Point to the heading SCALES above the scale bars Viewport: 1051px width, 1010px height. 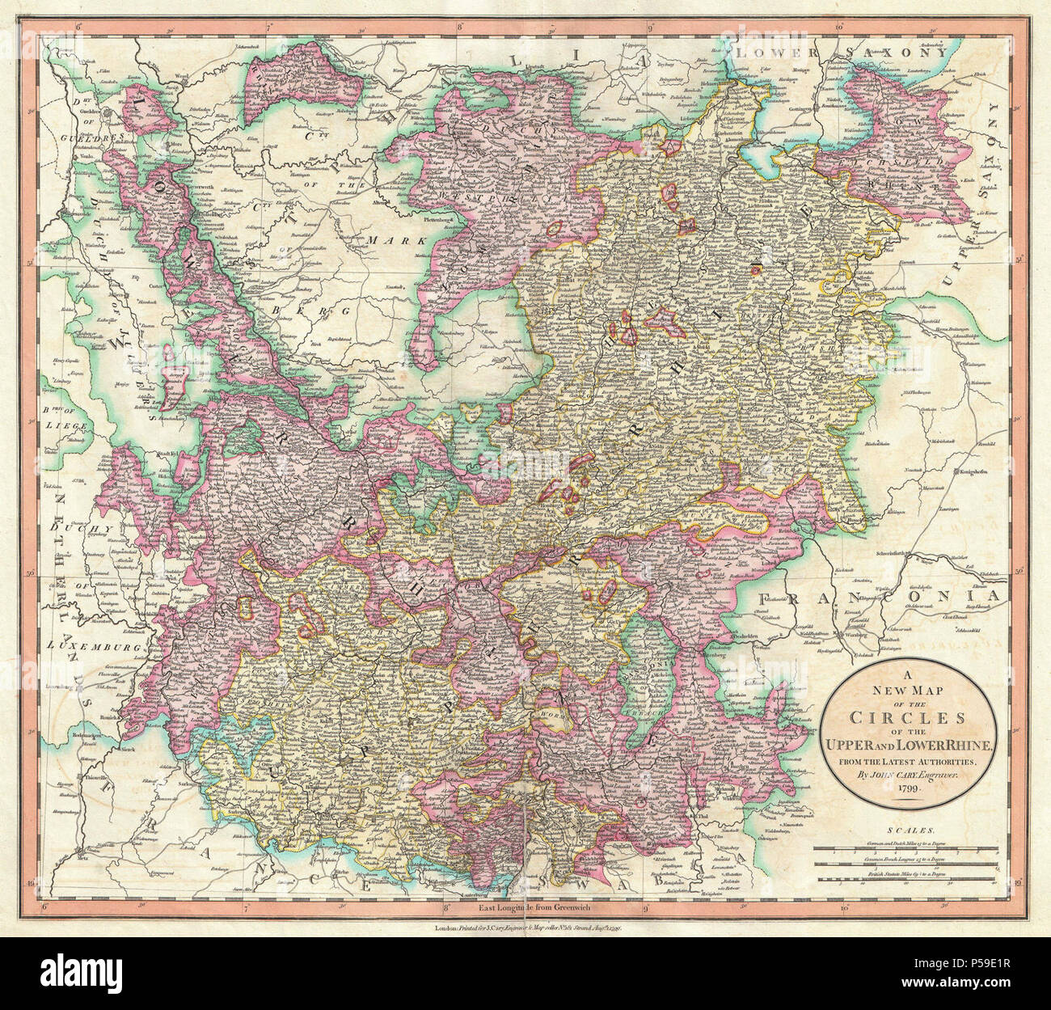(x=910, y=830)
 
